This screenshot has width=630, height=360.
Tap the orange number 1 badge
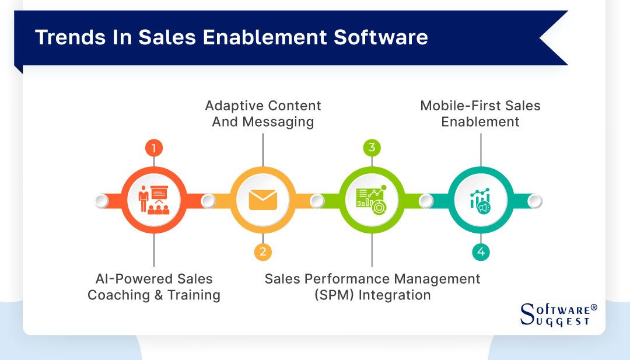153,148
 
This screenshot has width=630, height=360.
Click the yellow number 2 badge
262,251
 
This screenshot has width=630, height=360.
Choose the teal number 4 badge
481,251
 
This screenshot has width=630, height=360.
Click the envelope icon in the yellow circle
262,200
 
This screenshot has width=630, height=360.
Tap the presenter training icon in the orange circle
153,200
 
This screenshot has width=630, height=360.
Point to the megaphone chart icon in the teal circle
481,200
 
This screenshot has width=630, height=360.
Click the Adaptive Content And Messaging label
262,114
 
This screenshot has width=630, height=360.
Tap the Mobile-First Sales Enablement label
481,114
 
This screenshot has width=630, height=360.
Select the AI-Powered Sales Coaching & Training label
154,287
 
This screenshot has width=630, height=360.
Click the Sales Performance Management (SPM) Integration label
372,287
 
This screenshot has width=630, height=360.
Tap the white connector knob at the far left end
101,201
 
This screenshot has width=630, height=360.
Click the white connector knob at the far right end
534,201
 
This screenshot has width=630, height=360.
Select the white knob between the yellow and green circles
317,201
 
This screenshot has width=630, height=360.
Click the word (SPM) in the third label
334,295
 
